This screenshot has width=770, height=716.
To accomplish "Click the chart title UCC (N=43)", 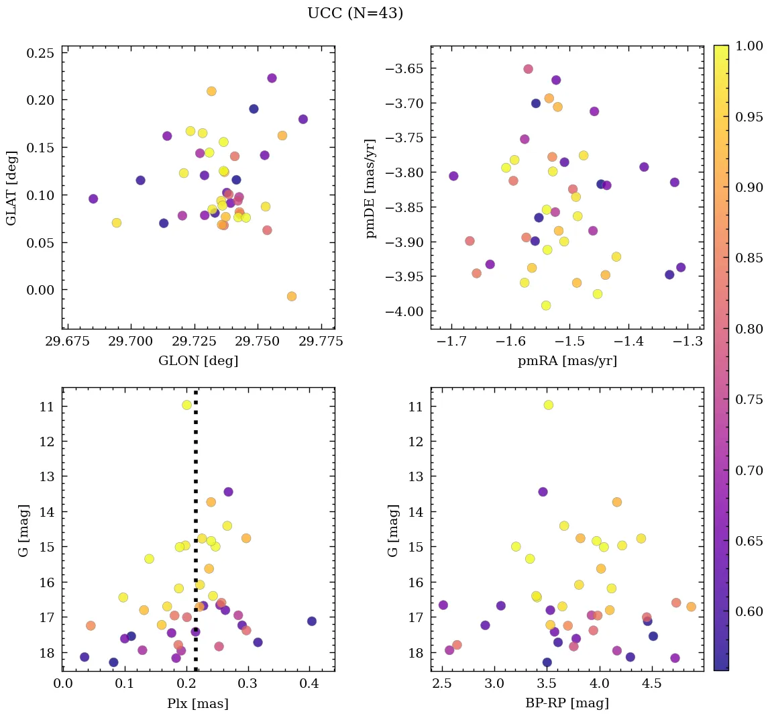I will click(355, 13).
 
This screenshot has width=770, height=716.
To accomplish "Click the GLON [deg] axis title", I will click(198, 361).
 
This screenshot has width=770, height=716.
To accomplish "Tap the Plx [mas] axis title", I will click(197, 703).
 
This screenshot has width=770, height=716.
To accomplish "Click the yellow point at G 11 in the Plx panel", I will click(186, 405).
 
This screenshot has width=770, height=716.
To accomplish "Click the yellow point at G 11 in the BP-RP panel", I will click(548, 405).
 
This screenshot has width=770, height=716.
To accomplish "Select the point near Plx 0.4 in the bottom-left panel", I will click(311, 621).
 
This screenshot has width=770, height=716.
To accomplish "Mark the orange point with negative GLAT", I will click(291, 296).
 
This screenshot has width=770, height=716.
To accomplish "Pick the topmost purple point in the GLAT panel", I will click(272, 78).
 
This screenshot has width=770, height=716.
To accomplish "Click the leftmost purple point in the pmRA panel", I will click(453, 176).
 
